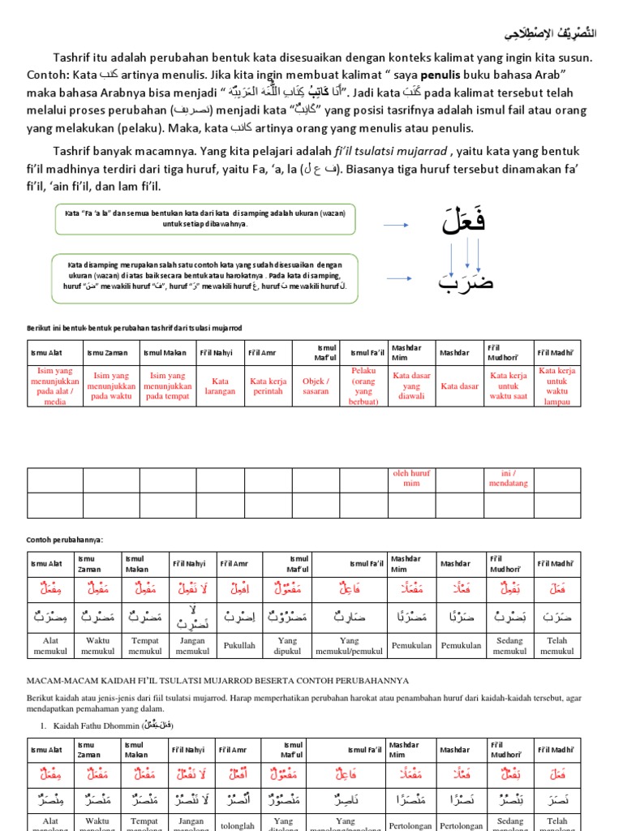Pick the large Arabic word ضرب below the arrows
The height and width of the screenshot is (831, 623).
click(x=466, y=283)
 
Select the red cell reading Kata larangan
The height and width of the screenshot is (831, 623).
click(x=220, y=385)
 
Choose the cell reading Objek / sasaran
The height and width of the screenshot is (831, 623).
click(x=316, y=385)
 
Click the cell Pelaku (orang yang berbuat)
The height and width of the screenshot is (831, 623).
click(x=363, y=385)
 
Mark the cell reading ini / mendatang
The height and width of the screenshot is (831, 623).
click(x=509, y=478)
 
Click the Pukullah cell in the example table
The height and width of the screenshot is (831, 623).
click(x=240, y=647)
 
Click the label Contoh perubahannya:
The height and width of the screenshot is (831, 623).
click(x=66, y=540)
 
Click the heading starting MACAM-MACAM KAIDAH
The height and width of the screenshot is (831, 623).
click(x=218, y=680)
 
